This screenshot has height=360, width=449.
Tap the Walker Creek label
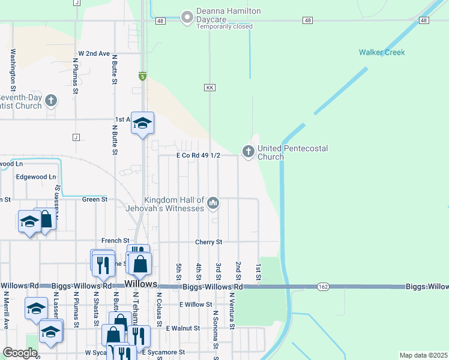pos(382,52)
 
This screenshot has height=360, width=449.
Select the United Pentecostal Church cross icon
pos(248,152)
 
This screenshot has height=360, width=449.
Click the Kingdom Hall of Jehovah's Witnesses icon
pos(213,204)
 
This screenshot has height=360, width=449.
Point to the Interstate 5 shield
pos(142,76)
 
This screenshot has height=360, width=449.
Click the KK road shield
pos(209,88)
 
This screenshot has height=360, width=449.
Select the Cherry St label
pos(209,242)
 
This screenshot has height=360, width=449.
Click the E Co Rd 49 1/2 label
pos(198,155)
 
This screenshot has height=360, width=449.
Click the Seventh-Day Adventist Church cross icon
pos(51,100)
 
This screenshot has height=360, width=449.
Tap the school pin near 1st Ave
pos(142,124)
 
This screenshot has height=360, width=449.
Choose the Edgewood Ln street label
pos(36,177)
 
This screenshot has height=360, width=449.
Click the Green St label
pos(95,199)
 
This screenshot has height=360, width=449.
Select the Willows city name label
pos(140,284)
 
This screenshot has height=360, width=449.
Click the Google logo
pos(20,353)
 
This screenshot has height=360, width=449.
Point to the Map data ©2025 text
pos(423,355)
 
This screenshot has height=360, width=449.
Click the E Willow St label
pos(195,304)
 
